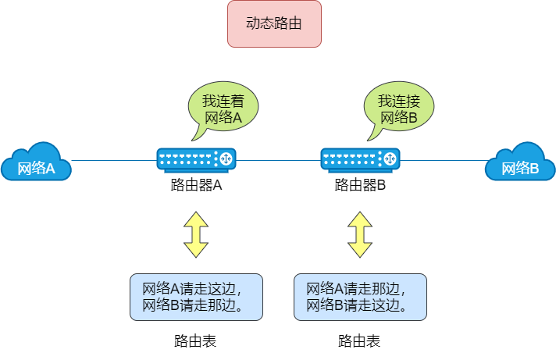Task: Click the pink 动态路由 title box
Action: coord(274,24)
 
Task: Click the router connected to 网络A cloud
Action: coord(196,159)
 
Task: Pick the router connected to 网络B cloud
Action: coord(360,159)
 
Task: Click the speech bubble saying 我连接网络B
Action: coord(399,110)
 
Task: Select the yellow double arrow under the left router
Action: coord(196,234)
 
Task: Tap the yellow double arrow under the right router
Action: coord(360,234)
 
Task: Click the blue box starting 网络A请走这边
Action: coord(196,297)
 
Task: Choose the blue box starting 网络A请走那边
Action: coord(360,297)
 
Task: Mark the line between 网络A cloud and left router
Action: coord(113,160)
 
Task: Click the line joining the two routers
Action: coord(278,160)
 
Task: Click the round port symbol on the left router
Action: coord(226,159)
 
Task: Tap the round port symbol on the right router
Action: coord(390,159)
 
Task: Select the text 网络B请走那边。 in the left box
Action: coord(191,305)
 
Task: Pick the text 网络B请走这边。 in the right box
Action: coord(356,305)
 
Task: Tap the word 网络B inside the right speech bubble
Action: coord(399,119)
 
